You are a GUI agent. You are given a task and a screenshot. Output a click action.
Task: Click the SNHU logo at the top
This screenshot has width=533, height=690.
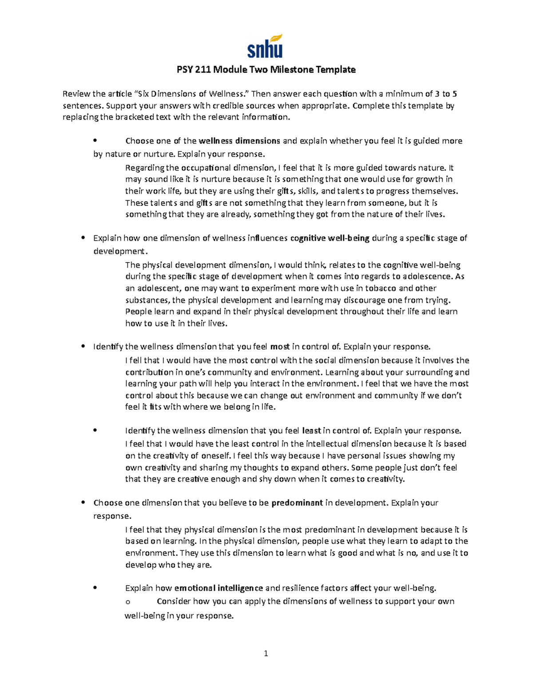tap(265, 47)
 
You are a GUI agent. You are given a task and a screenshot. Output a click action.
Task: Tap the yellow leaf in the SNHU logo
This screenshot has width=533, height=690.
tap(277, 38)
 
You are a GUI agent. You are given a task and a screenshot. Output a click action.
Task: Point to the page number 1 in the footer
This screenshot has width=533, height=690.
tap(266, 653)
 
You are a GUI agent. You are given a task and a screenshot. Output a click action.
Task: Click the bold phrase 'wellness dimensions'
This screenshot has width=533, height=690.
tap(239, 141)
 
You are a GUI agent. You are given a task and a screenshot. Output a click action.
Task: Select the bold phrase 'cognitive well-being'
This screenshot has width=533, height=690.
tap(330, 238)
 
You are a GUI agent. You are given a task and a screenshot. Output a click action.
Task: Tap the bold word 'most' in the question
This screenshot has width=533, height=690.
tap(279, 347)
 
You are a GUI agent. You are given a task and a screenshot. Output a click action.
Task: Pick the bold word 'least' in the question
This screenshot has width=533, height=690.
tap(311, 431)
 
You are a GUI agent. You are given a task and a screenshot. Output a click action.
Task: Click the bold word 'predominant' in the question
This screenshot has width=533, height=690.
tap(297, 503)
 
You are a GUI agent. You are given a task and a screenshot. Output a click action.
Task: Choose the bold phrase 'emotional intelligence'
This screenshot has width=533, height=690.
tap(219, 588)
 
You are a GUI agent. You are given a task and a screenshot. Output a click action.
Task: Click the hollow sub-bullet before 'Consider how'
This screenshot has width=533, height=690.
tap(128, 602)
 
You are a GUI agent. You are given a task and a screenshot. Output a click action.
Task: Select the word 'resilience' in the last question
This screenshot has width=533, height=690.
tap(300, 588)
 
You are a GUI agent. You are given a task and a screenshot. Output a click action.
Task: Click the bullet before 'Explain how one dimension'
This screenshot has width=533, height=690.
tap(83, 238)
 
